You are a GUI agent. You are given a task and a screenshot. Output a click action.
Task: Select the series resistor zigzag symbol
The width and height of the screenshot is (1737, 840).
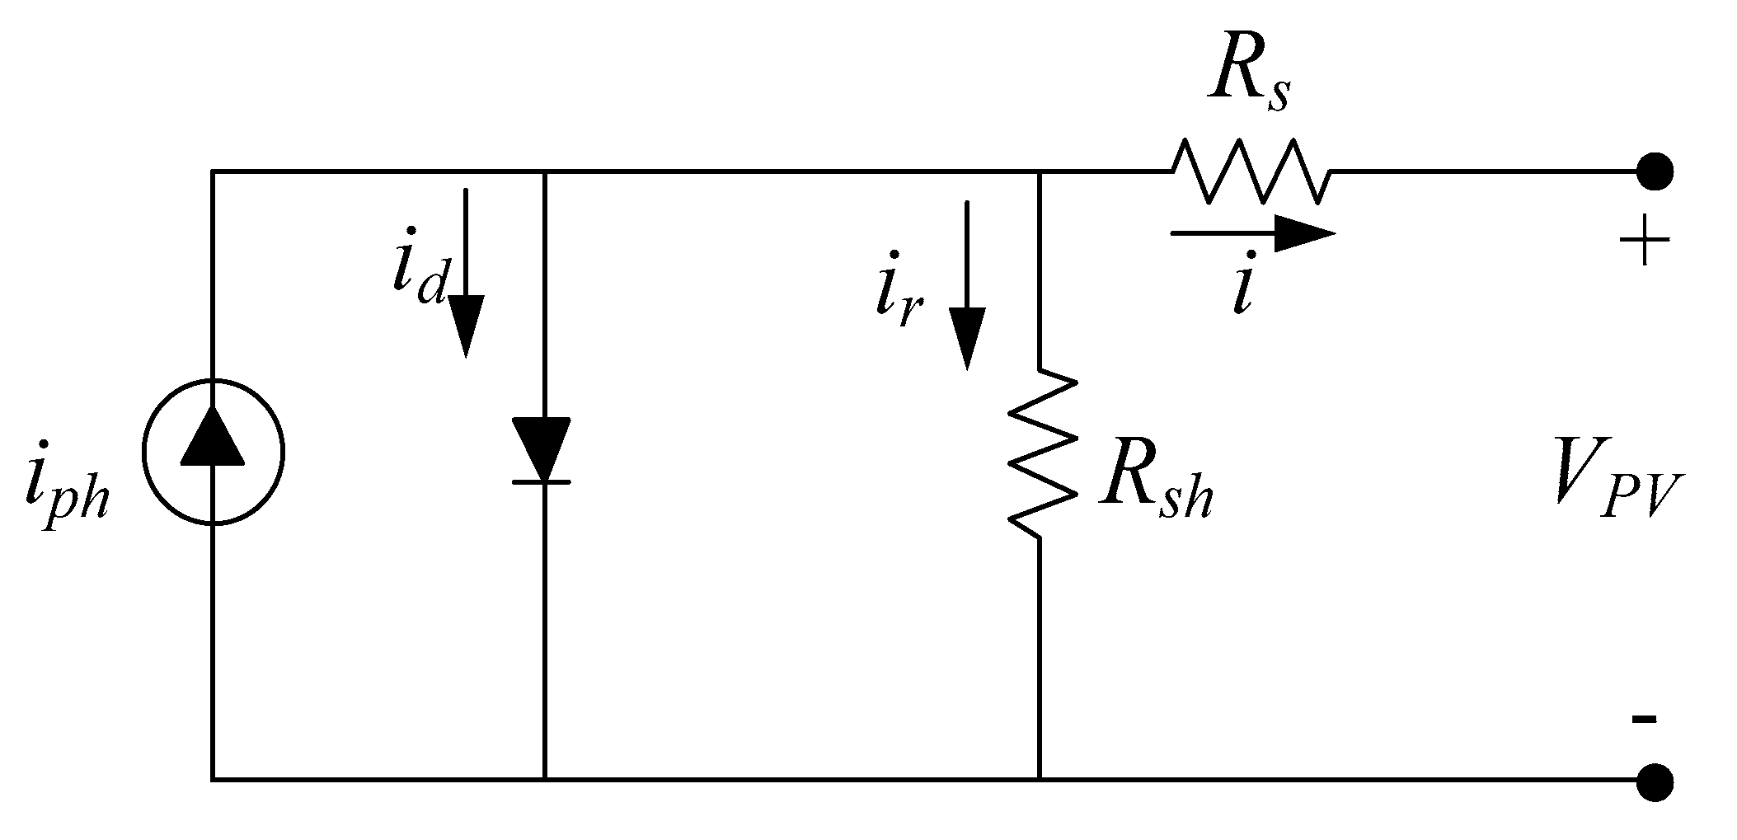[x=1251, y=171]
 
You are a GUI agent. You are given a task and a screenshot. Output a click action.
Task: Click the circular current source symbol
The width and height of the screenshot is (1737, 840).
[x=213, y=453]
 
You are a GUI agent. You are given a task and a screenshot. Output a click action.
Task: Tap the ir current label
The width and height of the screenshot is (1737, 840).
[x=898, y=297]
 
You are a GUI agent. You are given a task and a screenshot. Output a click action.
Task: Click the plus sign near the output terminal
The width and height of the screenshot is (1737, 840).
[x=1645, y=241]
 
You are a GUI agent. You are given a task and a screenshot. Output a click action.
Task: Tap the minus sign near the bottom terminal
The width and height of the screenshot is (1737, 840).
[x=1643, y=719]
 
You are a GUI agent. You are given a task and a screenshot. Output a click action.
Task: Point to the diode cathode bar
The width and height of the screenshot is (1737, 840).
[x=542, y=481]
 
